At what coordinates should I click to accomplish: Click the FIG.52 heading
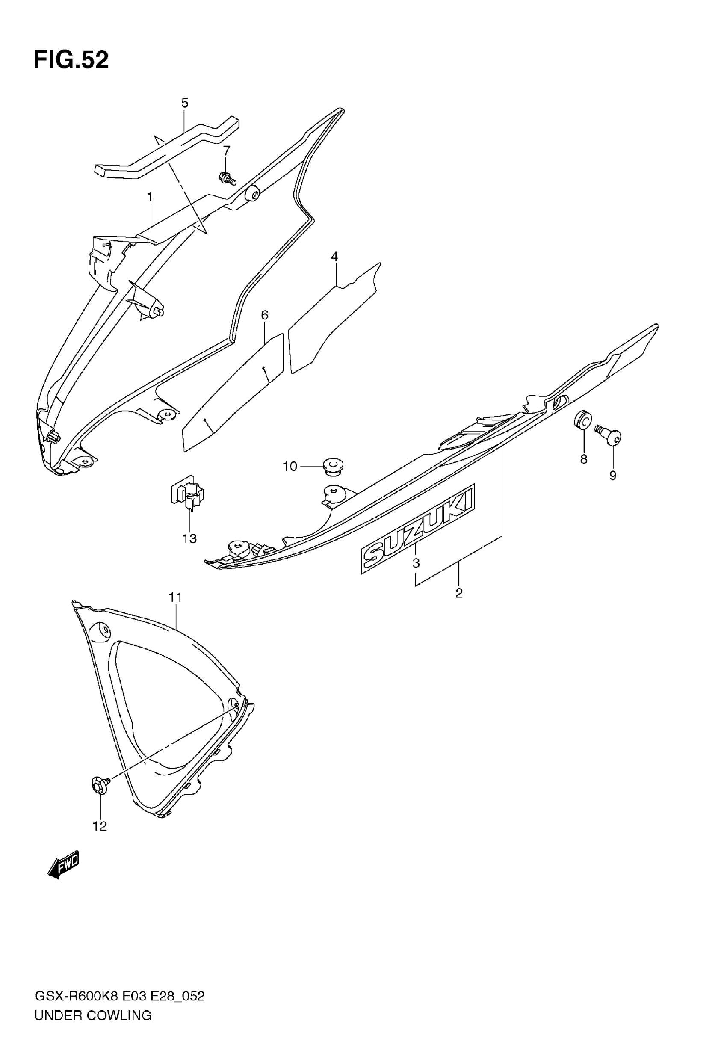pyautogui.click(x=71, y=59)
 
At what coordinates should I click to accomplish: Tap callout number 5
pyautogui.click(x=184, y=103)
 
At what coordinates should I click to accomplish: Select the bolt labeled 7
pyautogui.click(x=226, y=178)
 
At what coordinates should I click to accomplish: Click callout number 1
pyautogui.click(x=149, y=197)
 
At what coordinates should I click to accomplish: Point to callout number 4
pyautogui.click(x=334, y=257)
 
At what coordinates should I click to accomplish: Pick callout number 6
pyautogui.click(x=265, y=315)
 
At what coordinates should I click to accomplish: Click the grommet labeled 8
pyautogui.click(x=582, y=419)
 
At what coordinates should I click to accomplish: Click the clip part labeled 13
pyautogui.click(x=188, y=493)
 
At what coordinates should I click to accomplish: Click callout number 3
pyautogui.click(x=416, y=563)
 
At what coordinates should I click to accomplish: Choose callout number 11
pyautogui.click(x=175, y=597)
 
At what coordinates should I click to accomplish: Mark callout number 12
pyautogui.click(x=100, y=826)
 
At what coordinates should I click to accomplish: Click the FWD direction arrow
pyautogui.click(x=63, y=864)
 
